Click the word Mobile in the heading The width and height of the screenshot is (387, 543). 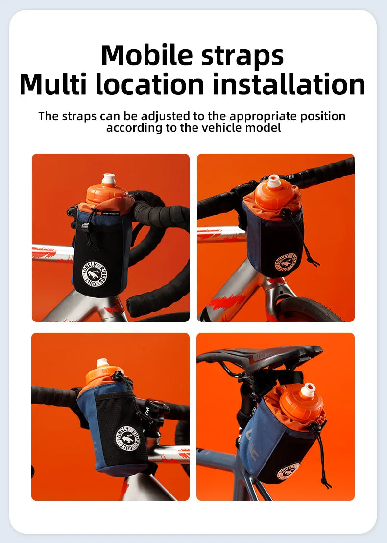tap(147, 55)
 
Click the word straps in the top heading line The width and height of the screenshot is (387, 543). tap(242, 55)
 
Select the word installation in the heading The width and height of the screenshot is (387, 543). tap(289, 84)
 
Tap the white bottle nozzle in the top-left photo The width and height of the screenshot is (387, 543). tap(108, 179)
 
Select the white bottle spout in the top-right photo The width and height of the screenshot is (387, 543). tap(273, 181)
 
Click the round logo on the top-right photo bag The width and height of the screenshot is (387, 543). tap(286, 263)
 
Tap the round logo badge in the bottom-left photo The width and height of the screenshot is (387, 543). tap(128, 439)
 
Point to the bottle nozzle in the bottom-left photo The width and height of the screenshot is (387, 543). tap(102, 363)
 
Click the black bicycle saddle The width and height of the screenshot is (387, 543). tap(260, 357)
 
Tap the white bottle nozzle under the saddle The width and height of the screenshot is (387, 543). tap(308, 390)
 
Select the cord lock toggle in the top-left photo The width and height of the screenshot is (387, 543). tap(85, 227)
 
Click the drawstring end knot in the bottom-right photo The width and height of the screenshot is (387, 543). tap(326, 482)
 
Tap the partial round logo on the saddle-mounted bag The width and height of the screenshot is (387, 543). tap(288, 471)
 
